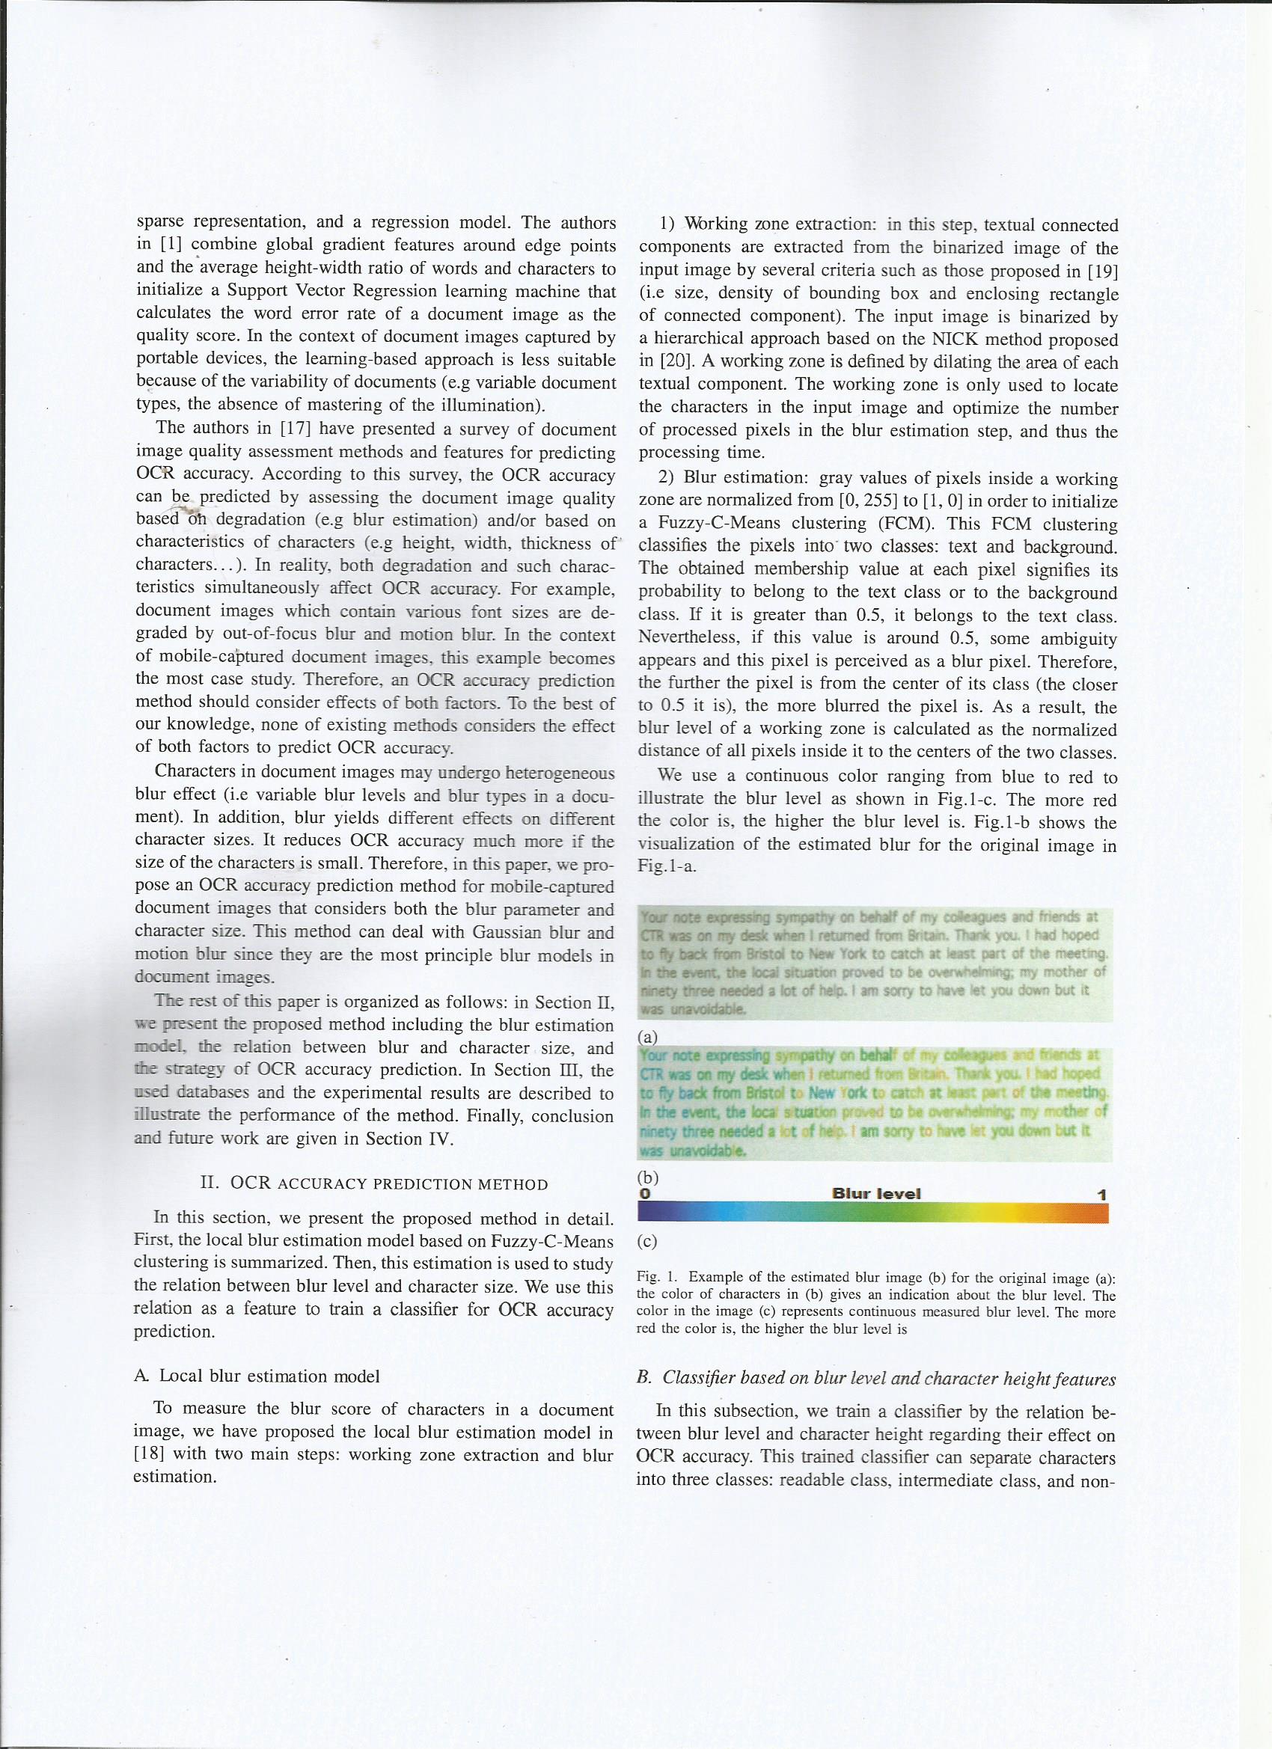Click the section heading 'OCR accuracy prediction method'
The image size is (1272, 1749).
click(x=373, y=1183)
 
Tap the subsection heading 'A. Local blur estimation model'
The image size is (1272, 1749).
click(x=257, y=1376)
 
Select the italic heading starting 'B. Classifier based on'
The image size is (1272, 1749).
click(x=875, y=1378)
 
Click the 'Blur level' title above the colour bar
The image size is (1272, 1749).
click(x=876, y=1194)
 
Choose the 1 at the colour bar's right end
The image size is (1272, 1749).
click(x=1102, y=1195)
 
